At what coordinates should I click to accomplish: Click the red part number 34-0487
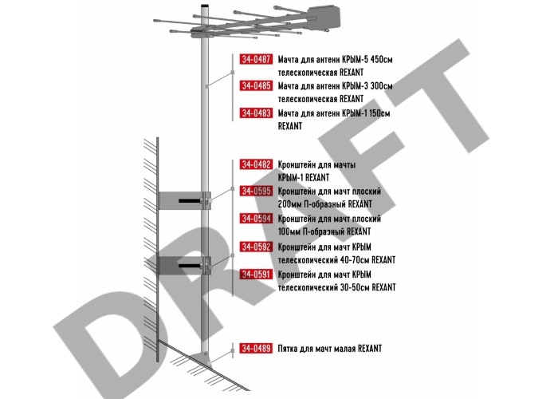click(x=256, y=59)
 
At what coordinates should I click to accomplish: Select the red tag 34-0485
click(x=256, y=86)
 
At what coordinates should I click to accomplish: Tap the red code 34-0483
click(x=256, y=113)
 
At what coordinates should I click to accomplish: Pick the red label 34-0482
click(x=256, y=164)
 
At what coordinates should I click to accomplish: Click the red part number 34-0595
click(x=256, y=192)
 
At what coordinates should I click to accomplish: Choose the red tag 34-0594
click(x=256, y=219)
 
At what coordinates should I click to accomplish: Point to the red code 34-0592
click(x=256, y=247)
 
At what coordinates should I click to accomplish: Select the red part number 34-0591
click(x=256, y=275)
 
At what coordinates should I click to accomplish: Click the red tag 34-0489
click(x=256, y=349)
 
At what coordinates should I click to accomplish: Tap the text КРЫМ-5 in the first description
click(x=355, y=59)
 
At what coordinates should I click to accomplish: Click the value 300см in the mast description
click(x=382, y=86)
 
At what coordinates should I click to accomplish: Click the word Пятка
click(x=288, y=349)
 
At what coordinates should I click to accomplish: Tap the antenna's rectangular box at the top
click(x=324, y=18)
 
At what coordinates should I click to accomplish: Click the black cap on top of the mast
click(x=205, y=6)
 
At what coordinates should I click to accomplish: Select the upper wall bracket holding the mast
click(x=184, y=200)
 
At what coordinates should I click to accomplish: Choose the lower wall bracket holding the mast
click(x=184, y=266)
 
